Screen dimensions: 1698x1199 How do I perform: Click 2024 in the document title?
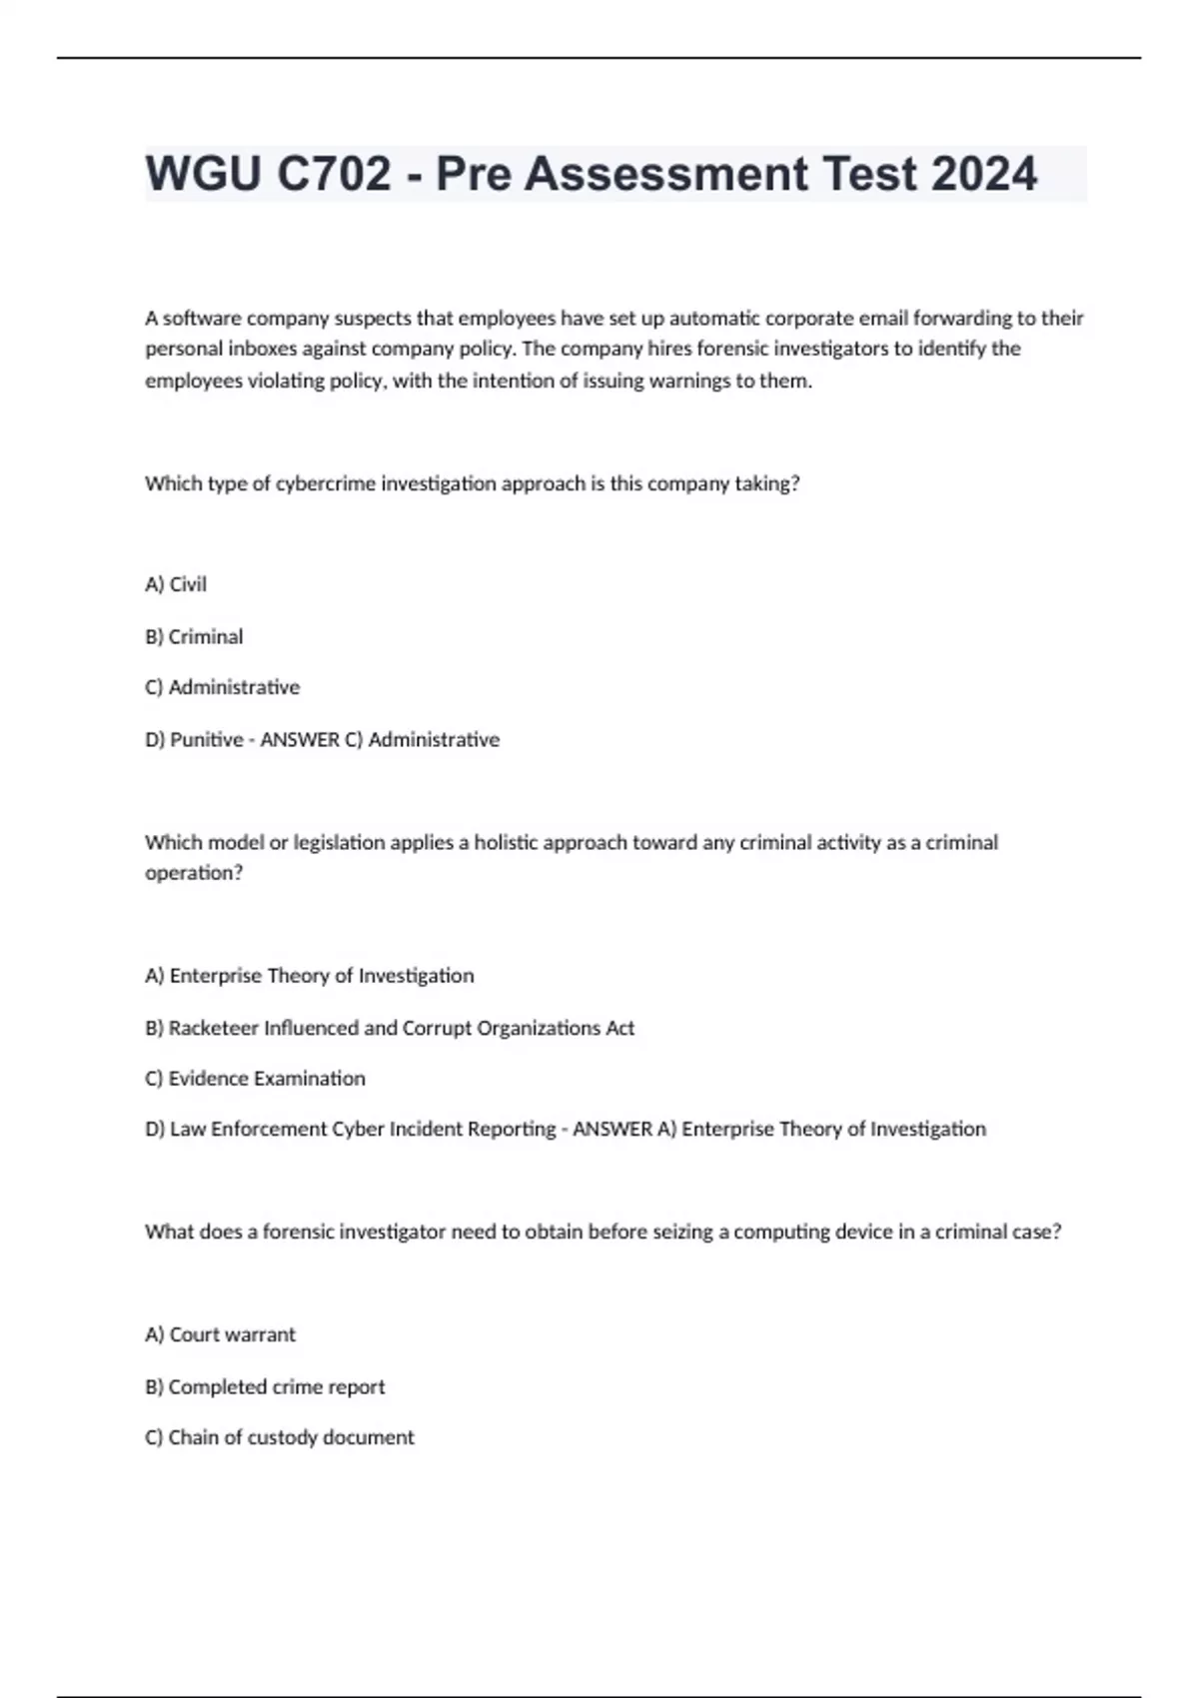click(984, 174)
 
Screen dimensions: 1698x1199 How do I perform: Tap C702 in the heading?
click(335, 174)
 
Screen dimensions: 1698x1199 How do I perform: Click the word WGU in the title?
click(203, 174)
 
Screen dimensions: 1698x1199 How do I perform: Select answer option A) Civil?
click(176, 584)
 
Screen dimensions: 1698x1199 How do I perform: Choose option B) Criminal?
click(194, 636)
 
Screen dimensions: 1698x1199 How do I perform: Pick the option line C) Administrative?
click(222, 687)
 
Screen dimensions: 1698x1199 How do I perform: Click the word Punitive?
click(206, 739)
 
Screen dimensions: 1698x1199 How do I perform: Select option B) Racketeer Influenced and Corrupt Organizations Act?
click(390, 1028)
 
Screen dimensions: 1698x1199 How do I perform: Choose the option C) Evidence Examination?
click(255, 1079)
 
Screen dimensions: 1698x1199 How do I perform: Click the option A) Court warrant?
click(220, 1334)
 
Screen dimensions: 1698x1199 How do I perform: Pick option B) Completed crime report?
click(265, 1386)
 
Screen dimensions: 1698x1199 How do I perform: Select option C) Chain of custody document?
click(279, 1437)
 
